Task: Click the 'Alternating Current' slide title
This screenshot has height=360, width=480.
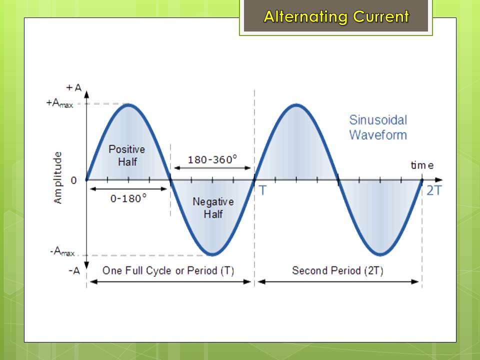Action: pos(336,16)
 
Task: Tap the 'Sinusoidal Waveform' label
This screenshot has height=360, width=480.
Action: pos(378,127)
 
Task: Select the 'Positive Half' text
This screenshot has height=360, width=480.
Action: pos(127,155)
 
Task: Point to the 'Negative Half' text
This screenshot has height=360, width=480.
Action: pos(213,207)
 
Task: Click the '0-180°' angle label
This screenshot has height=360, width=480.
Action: pos(128,198)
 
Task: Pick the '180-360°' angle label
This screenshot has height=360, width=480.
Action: pos(212,159)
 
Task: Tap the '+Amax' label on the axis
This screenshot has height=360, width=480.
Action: pos(59,103)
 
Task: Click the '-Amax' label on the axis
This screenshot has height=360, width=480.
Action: pos(62,251)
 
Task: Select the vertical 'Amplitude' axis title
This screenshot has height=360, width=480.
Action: pos(57,177)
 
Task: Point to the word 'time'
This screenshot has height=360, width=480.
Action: pos(422,165)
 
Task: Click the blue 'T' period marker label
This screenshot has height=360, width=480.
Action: pos(263,190)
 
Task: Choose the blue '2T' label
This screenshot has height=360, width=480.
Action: pos(434,190)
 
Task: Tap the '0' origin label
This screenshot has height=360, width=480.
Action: pos(73,180)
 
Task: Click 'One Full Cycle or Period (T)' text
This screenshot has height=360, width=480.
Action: pos(168,270)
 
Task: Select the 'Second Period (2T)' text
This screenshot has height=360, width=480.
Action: pos(337,270)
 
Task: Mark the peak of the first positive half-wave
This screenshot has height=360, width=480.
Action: pos(128,105)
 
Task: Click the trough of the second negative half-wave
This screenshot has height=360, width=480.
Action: pos(380,254)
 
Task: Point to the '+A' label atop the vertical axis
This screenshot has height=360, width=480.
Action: pos(74,88)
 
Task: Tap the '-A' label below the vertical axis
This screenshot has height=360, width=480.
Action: pos(74,271)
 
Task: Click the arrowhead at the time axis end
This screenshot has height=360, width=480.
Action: pos(439,180)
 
